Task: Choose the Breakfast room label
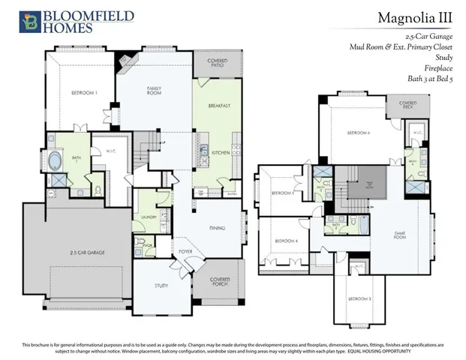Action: point(219,106)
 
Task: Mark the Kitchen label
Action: point(220,152)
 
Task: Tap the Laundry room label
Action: point(148,217)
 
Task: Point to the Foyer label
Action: point(185,250)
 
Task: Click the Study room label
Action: point(161,286)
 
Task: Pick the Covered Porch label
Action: point(220,282)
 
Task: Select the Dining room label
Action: point(218,228)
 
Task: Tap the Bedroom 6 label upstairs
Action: point(358,132)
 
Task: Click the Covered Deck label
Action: point(407,104)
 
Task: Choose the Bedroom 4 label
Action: point(286,241)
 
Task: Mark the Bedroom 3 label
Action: point(359,298)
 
